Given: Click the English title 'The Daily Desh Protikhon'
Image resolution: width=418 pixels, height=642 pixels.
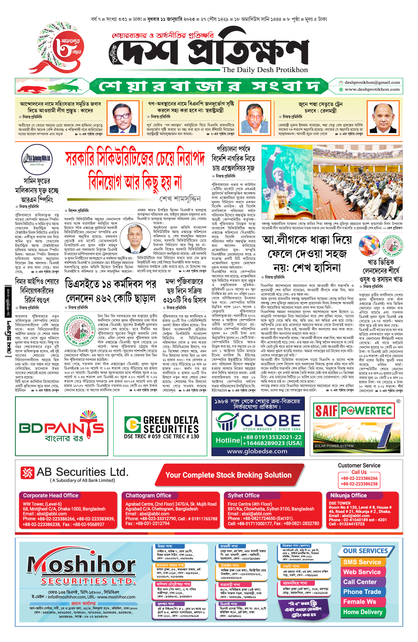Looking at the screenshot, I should [265, 70].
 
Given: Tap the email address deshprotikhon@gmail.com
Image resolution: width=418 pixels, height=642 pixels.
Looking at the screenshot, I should [372, 83].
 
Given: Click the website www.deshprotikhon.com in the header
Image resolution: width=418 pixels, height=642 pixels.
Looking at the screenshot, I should [372, 90].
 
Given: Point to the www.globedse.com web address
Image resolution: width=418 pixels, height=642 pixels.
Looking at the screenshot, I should [257, 451].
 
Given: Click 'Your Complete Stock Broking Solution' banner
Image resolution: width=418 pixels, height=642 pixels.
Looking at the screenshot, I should [228, 475].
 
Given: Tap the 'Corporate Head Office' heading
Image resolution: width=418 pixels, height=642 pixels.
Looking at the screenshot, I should [51, 495].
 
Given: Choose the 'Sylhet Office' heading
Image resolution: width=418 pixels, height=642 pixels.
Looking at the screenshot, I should [243, 495].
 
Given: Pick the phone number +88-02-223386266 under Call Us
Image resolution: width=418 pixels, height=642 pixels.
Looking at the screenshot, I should [359, 478].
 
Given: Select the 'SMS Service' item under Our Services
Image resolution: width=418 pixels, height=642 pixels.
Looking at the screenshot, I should [362, 562].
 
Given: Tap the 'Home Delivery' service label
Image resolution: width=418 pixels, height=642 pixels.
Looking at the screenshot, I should [363, 612].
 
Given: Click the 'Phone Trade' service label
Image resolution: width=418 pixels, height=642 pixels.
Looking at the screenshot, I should [362, 592].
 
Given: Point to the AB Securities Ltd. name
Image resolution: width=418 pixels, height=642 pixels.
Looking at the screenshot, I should [82, 472].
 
